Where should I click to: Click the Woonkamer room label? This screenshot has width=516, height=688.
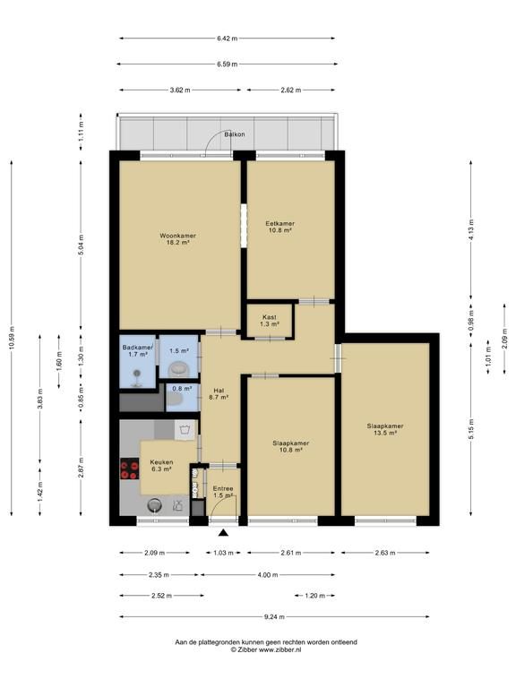[177, 236]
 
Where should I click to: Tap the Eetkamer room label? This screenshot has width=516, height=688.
[279, 223]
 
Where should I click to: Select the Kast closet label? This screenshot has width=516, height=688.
[270, 317]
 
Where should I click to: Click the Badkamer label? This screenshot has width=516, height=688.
[138, 348]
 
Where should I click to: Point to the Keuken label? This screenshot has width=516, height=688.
[161, 462]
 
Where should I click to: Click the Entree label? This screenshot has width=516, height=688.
[223, 488]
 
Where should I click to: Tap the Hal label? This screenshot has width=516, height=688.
[219, 390]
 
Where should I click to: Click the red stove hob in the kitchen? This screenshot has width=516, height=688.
[129, 469]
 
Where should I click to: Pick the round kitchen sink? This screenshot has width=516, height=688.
[155, 505]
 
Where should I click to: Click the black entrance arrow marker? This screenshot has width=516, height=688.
[224, 533]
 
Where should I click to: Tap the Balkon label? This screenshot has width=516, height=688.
[235, 134]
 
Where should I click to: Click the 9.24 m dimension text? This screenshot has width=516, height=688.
[275, 616]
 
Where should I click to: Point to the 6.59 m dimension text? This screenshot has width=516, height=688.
[227, 64]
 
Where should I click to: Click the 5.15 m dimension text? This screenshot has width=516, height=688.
[471, 429]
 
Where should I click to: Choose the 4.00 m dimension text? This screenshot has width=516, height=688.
[268, 574]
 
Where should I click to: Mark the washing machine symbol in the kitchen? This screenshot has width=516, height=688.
[185, 430]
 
